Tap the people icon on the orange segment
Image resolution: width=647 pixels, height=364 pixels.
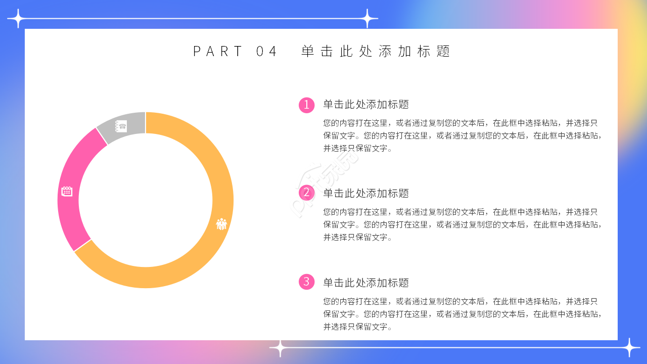click(221, 224)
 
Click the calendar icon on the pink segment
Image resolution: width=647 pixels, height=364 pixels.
click(67, 191)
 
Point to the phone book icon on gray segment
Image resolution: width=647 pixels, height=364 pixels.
click(121, 126)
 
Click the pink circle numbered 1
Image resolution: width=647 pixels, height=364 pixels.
click(306, 105)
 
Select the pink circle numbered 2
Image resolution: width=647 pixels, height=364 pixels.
click(306, 193)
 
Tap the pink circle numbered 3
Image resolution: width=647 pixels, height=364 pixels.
click(306, 282)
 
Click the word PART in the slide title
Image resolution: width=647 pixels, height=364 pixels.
click(218, 51)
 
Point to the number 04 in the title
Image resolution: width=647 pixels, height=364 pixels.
click(267, 51)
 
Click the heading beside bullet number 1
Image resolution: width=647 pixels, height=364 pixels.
click(366, 105)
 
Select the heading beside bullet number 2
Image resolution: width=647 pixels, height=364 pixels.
click(366, 193)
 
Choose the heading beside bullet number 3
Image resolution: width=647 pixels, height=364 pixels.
click(366, 283)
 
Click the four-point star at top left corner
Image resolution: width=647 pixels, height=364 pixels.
click(17, 19)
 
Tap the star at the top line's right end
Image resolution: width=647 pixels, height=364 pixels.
click(368, 19)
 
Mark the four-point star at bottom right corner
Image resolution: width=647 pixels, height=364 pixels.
click(630, 348)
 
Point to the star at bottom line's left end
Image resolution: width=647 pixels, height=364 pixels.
click(280, 348)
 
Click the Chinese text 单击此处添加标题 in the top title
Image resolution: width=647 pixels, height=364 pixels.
click(376, 51)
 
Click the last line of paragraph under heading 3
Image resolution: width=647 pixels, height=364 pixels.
click(358, 327)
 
